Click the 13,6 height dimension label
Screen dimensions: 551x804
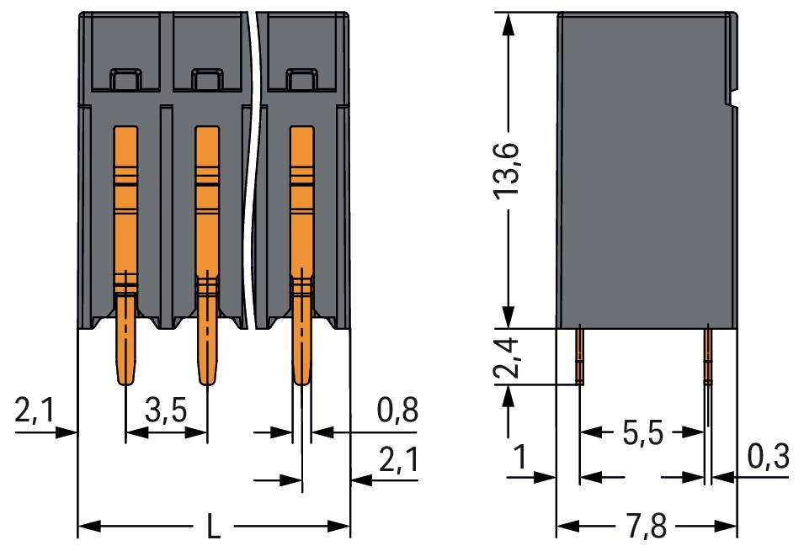(x=508, y=170)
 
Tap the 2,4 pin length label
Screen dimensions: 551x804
(x=508, y=356)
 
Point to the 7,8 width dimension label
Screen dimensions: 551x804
(x=647, y=528)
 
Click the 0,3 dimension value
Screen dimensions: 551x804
(x=767, y=458)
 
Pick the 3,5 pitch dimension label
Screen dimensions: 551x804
(x=166, y=412)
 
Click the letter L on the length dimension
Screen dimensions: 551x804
(x=215, y=528)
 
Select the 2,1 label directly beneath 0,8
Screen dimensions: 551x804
(x=397, y=460)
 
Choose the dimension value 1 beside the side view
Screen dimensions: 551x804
(x=521, y=458)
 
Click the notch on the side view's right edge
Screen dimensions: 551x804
(x=733, y=103)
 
